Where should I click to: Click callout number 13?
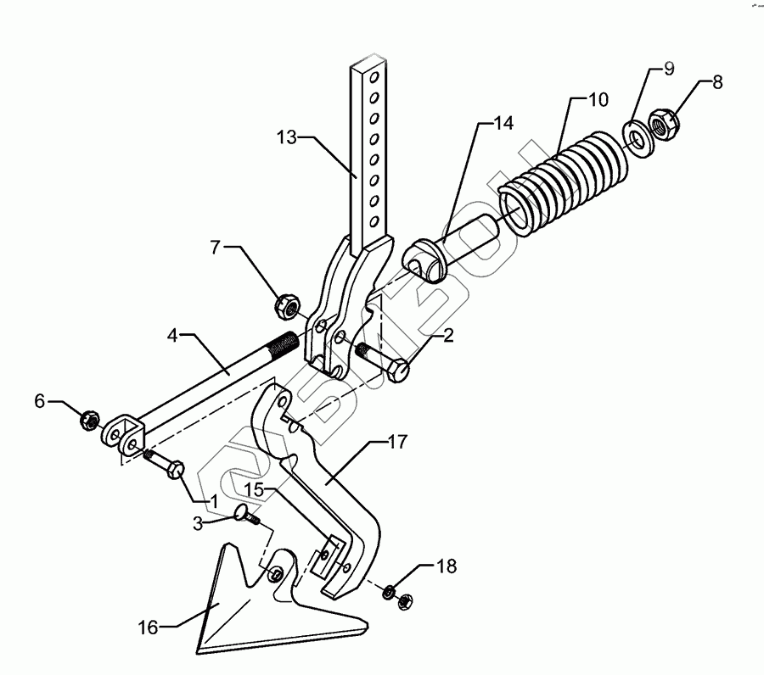(288, 135)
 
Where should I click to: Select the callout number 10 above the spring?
(597, 100)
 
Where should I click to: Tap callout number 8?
(717, 83)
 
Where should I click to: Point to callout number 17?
(397, 442)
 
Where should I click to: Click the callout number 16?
(149, 627)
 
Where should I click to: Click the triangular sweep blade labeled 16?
(255, 611)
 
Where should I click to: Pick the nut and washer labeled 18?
(398, 594)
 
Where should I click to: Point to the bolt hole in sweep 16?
(275, 575)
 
